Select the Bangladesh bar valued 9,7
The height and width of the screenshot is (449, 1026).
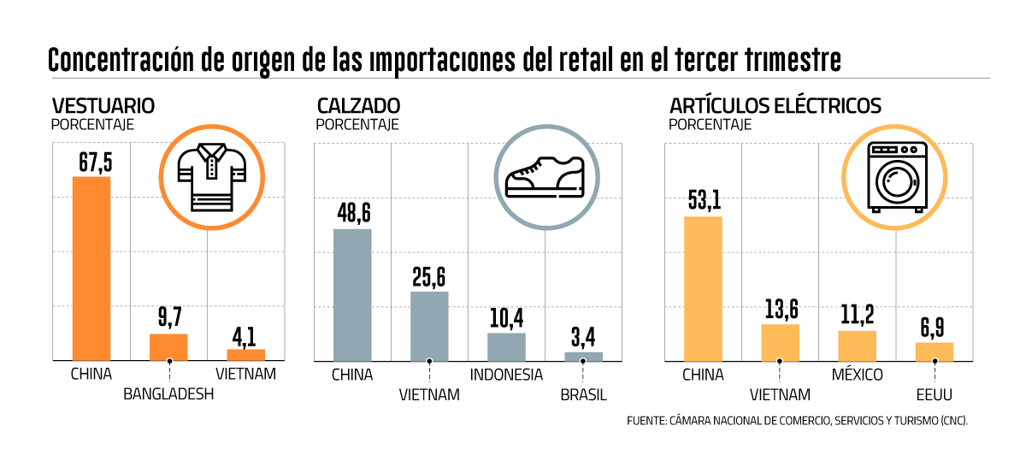(168, 346)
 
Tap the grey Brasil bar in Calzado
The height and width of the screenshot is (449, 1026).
(584, 356)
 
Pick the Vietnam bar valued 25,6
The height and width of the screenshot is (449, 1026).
(429, 326)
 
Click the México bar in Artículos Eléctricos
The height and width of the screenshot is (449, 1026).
(857, 345)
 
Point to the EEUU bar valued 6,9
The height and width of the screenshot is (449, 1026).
(934, 351)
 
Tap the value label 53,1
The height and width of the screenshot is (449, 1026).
(704, 201)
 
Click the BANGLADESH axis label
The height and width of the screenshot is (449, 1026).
(168, 394)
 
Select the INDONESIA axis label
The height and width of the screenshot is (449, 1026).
(506, 375)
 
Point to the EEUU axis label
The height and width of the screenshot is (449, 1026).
(934, 394)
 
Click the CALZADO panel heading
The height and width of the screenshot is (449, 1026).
(358, 106)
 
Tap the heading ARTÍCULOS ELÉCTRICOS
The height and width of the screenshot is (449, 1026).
(775, 106)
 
